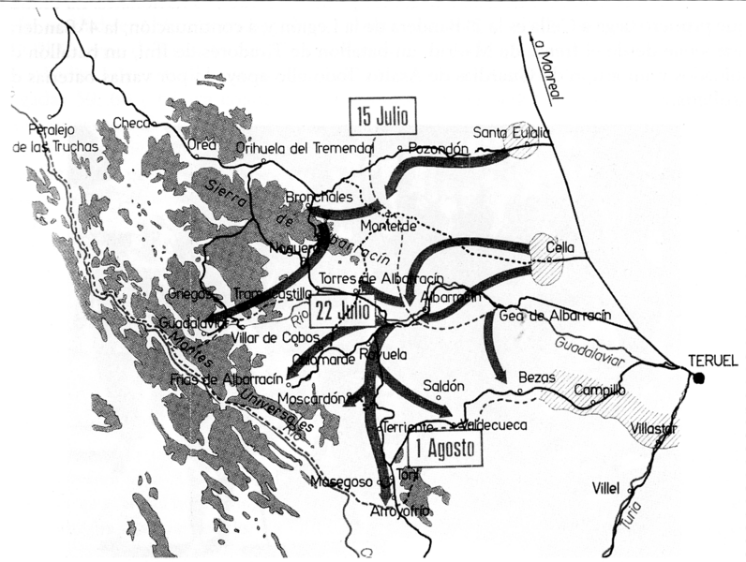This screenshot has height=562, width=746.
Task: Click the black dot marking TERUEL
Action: click(699, 377)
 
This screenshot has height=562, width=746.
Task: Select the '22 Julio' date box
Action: click(344, 310)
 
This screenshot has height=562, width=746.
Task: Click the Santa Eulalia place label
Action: click(512, 132)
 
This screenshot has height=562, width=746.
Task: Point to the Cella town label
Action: click(562, 247)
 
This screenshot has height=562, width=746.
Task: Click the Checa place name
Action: click(130, 123)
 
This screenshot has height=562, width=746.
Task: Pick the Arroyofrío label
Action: click(399, 510)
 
